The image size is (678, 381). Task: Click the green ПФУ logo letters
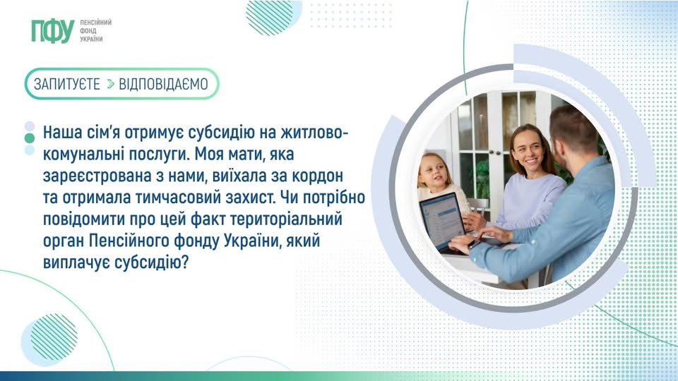pyautogui.click(x=52, y=30)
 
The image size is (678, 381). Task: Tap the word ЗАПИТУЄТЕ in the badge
pyautogui.click(x=67, y=84)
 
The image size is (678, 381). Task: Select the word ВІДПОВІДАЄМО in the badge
pyautogui.click(x=163, y=84)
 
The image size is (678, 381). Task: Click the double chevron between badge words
pyautogui.click(x=110, y=84)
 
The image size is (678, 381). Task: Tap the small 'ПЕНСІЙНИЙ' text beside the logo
pyautogui.click(x=96, y=23)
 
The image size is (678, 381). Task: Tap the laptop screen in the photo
pyautogui.click(x=442, y=218)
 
